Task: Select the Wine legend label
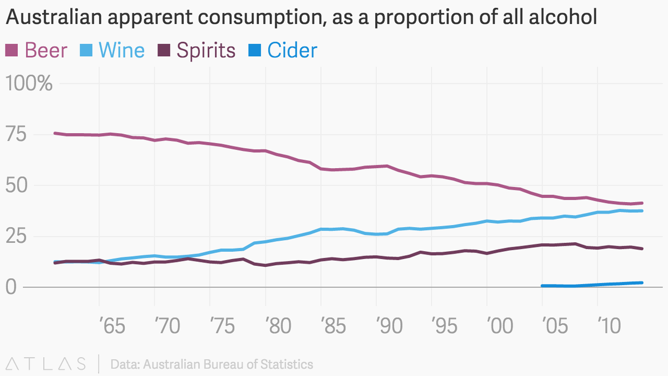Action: pyautogui.click(x=121, y=51)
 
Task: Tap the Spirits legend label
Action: pyautogui.click(x=206, y=51)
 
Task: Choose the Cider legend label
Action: pyautogui.click(x=292, y=51)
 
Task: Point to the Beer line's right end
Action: pyautogui.click(x=642, y=203)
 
